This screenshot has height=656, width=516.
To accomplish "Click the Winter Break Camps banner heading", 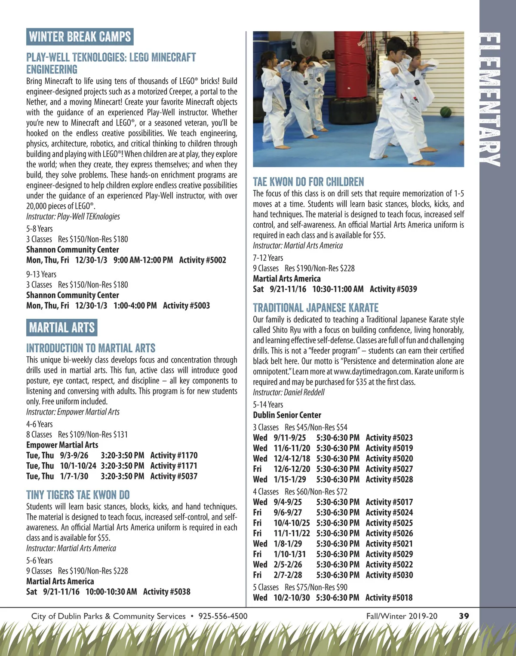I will click(x=80, y=37).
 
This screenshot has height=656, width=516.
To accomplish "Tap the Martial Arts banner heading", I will click(x=62, y=328).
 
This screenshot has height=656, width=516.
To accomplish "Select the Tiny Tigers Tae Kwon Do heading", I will click(x=78, y=495).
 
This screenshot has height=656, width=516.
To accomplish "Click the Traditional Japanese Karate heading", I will click(x=316, y=308).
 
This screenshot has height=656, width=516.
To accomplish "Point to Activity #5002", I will click(x=203, y=260).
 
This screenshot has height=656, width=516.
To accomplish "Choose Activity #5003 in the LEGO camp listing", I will click(x=186, y=305).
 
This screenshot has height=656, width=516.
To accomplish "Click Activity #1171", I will click(x=174, y=466).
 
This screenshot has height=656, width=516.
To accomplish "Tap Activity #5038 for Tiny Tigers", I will click(x=166, y=592).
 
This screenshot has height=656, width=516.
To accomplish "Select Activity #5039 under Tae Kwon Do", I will click(x=393, y=289).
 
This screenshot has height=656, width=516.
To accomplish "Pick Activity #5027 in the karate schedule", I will click(x=389, y=469).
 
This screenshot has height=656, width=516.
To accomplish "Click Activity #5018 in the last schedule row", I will click(x=389, y=598).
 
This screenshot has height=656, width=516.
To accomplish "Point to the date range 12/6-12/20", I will click(x=292, y=469).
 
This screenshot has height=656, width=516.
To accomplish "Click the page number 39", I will click(x=464, y=616).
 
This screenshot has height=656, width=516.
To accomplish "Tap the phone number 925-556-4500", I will click(x=223, y=616).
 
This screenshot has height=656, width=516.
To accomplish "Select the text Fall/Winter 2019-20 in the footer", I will click(x=402, y=616).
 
